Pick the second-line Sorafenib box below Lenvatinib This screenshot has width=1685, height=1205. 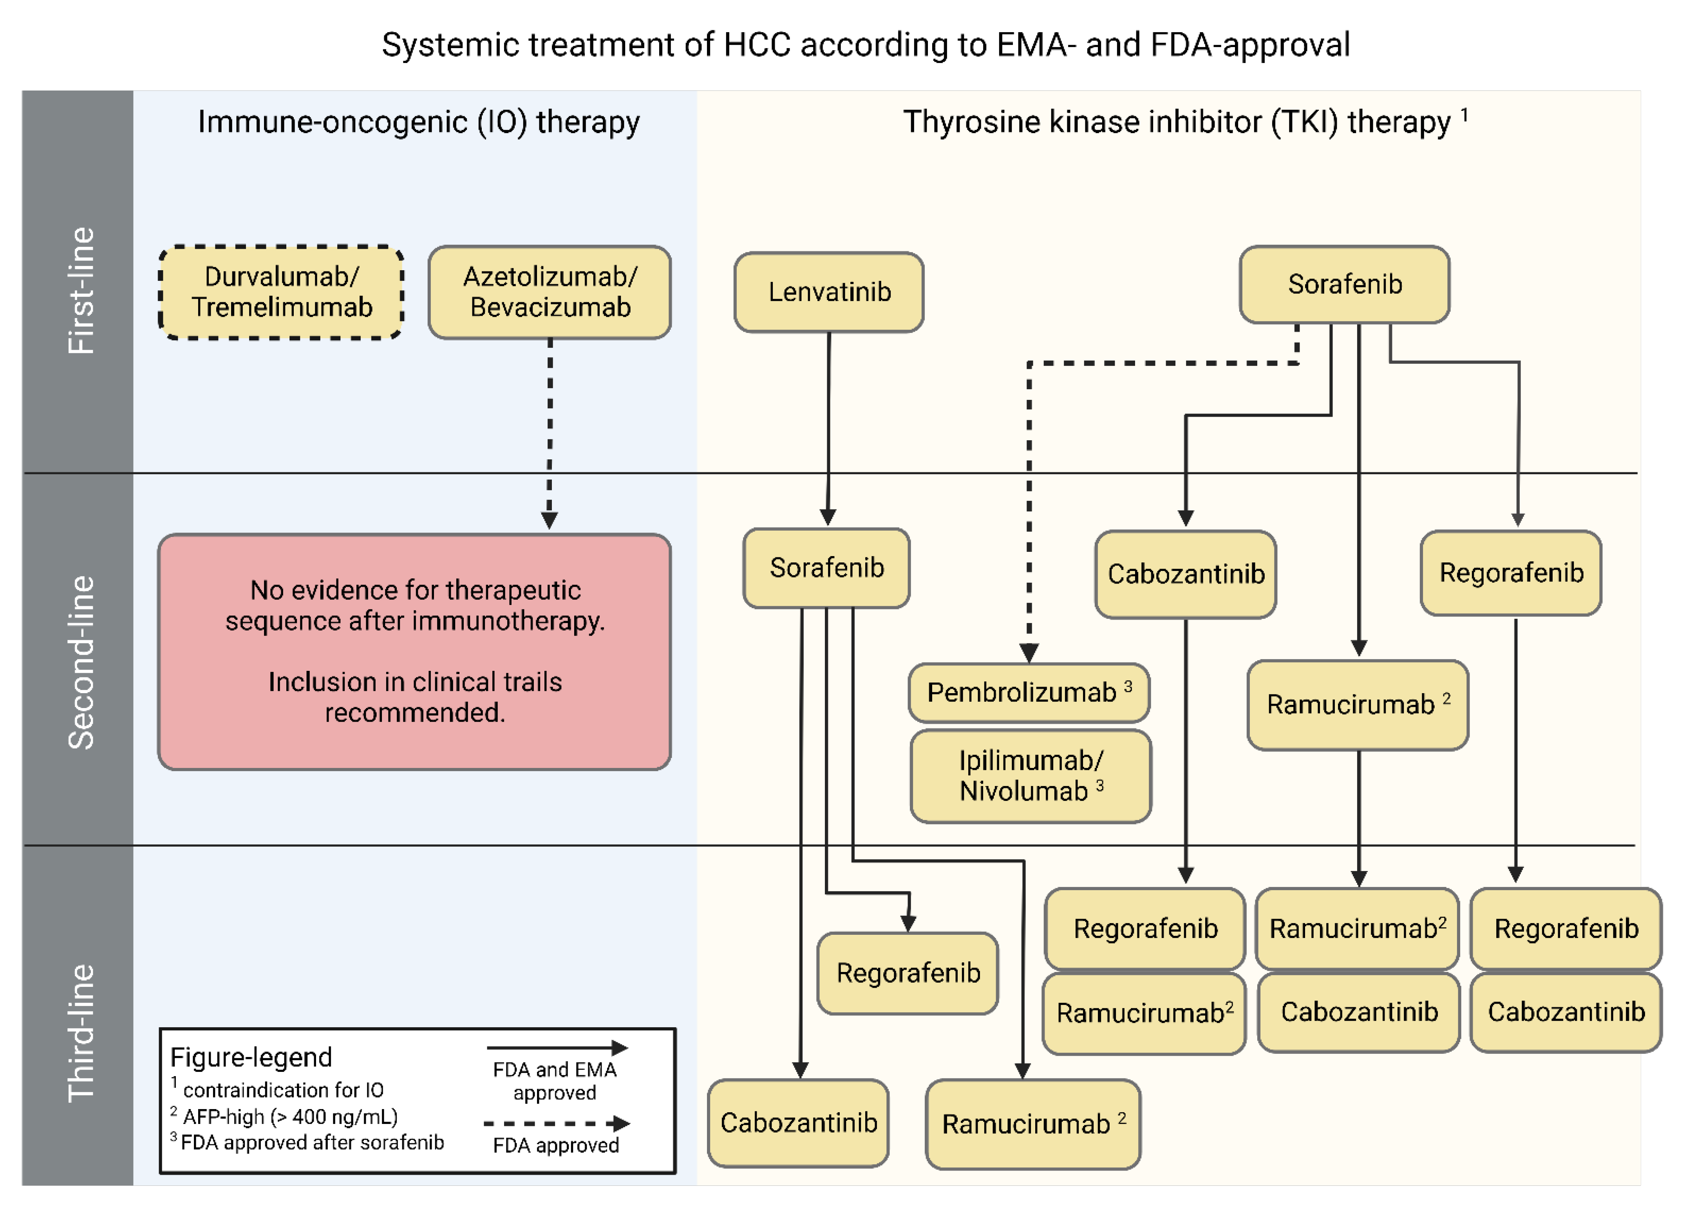(826, 567)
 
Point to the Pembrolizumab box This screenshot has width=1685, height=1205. (1029, 692)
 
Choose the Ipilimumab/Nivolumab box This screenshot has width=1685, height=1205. (1031, 775)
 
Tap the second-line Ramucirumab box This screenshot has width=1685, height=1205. (1357, 704)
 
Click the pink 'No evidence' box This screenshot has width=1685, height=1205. (415, 652)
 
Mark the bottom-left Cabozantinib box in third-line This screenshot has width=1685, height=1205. (798, 1123)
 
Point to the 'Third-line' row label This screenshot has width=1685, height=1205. (81, 1033)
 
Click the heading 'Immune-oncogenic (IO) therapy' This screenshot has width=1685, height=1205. (418, 122)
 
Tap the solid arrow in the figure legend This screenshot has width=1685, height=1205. (557, 1048)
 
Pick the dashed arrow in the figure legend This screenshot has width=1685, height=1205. (557, 1124)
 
